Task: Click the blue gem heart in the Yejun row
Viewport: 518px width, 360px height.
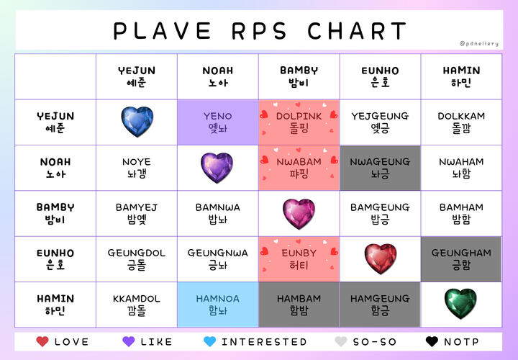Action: tap(137, 122)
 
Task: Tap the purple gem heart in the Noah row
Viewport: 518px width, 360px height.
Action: tap(217, 168)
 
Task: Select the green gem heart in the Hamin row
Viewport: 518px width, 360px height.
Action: tap(460, 303)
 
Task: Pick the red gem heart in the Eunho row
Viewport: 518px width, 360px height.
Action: tap(381, 258)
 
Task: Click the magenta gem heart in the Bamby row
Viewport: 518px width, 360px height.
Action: tap(299, 214)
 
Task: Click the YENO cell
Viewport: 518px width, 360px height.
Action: tap(218, 122)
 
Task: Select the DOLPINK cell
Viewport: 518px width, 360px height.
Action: tap(299, 122)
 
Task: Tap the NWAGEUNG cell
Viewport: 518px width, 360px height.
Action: tap(381, 168)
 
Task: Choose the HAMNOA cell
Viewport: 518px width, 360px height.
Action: tap(218, 305)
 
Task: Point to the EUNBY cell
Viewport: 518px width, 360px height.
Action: tap(299, 259)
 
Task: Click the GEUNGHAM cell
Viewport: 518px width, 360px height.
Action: tap(461, 259)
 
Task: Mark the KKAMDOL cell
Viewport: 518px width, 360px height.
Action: tap(137, 305)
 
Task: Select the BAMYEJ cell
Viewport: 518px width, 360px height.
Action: tap(137, 214)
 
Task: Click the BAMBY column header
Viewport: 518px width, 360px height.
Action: tap(299, 77)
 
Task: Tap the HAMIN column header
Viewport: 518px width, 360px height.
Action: tap(461, 77)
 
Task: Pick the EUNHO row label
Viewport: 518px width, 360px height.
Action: tap(55, 259)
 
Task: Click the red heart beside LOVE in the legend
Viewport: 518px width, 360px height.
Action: tap(42, 341)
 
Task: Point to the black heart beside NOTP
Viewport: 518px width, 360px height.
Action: tap(432, 341)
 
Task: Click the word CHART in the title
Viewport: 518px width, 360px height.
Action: tap(357, 31)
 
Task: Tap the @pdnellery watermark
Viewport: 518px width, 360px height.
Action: tap(478, 44)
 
